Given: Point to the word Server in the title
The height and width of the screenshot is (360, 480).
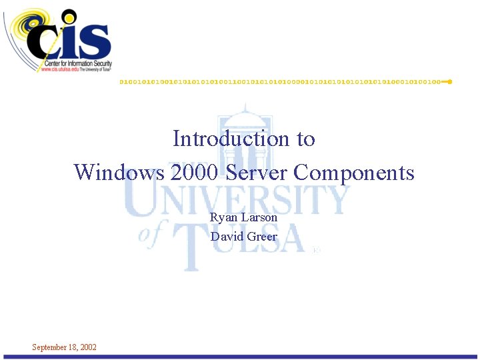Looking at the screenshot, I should click(257, 173).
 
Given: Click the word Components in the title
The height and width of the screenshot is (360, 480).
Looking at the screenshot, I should click(354, 173).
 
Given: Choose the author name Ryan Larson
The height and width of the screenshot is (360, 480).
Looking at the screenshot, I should click(243, 217).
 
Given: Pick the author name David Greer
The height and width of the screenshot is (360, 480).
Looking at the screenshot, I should click(243, 236).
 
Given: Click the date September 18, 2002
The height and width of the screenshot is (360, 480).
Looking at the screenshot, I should click(64, 347).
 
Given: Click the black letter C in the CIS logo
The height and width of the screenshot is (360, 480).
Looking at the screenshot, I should click(45, 41).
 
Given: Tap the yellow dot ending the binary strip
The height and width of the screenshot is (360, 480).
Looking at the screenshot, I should click(450, 81).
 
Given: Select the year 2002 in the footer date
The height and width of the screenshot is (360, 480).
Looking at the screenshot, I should click(87, 347).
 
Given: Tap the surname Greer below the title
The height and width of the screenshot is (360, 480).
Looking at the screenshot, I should click(262, 236).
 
